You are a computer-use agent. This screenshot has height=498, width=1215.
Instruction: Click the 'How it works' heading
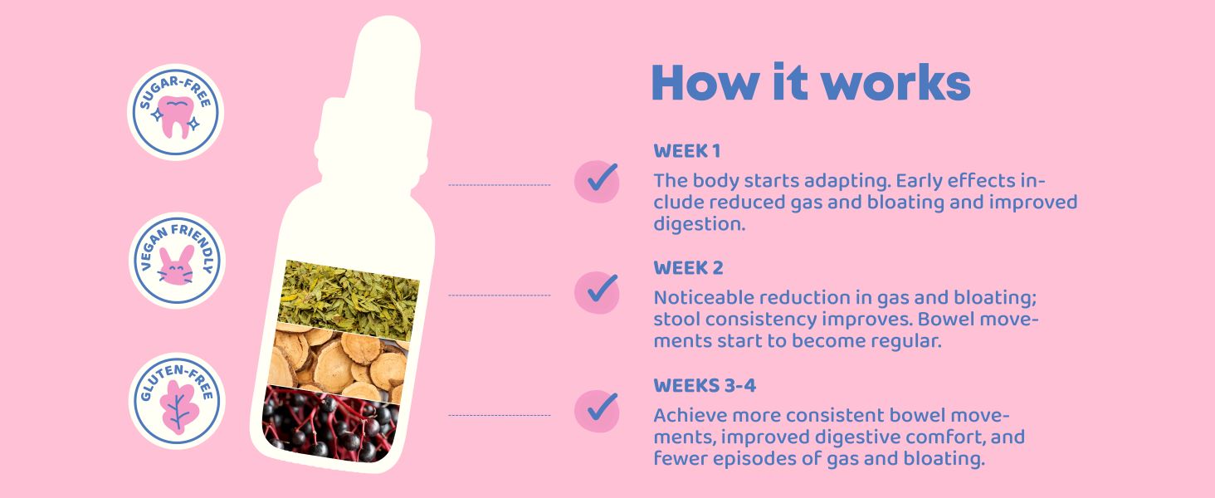point(810,82)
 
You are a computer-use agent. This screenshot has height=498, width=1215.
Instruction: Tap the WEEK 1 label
point(686,151)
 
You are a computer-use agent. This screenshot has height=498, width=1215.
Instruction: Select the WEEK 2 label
point(688,268)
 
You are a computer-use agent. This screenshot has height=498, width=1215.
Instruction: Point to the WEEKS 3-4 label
point(705,386)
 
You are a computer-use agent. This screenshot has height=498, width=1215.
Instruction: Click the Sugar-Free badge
point(176,112)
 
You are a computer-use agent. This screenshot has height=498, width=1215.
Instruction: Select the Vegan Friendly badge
point(177,261)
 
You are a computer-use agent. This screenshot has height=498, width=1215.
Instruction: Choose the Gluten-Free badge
point(177,402)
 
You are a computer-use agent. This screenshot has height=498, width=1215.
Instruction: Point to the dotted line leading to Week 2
point(500,295)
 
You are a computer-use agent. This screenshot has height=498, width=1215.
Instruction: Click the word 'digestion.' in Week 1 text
point(699,224)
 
